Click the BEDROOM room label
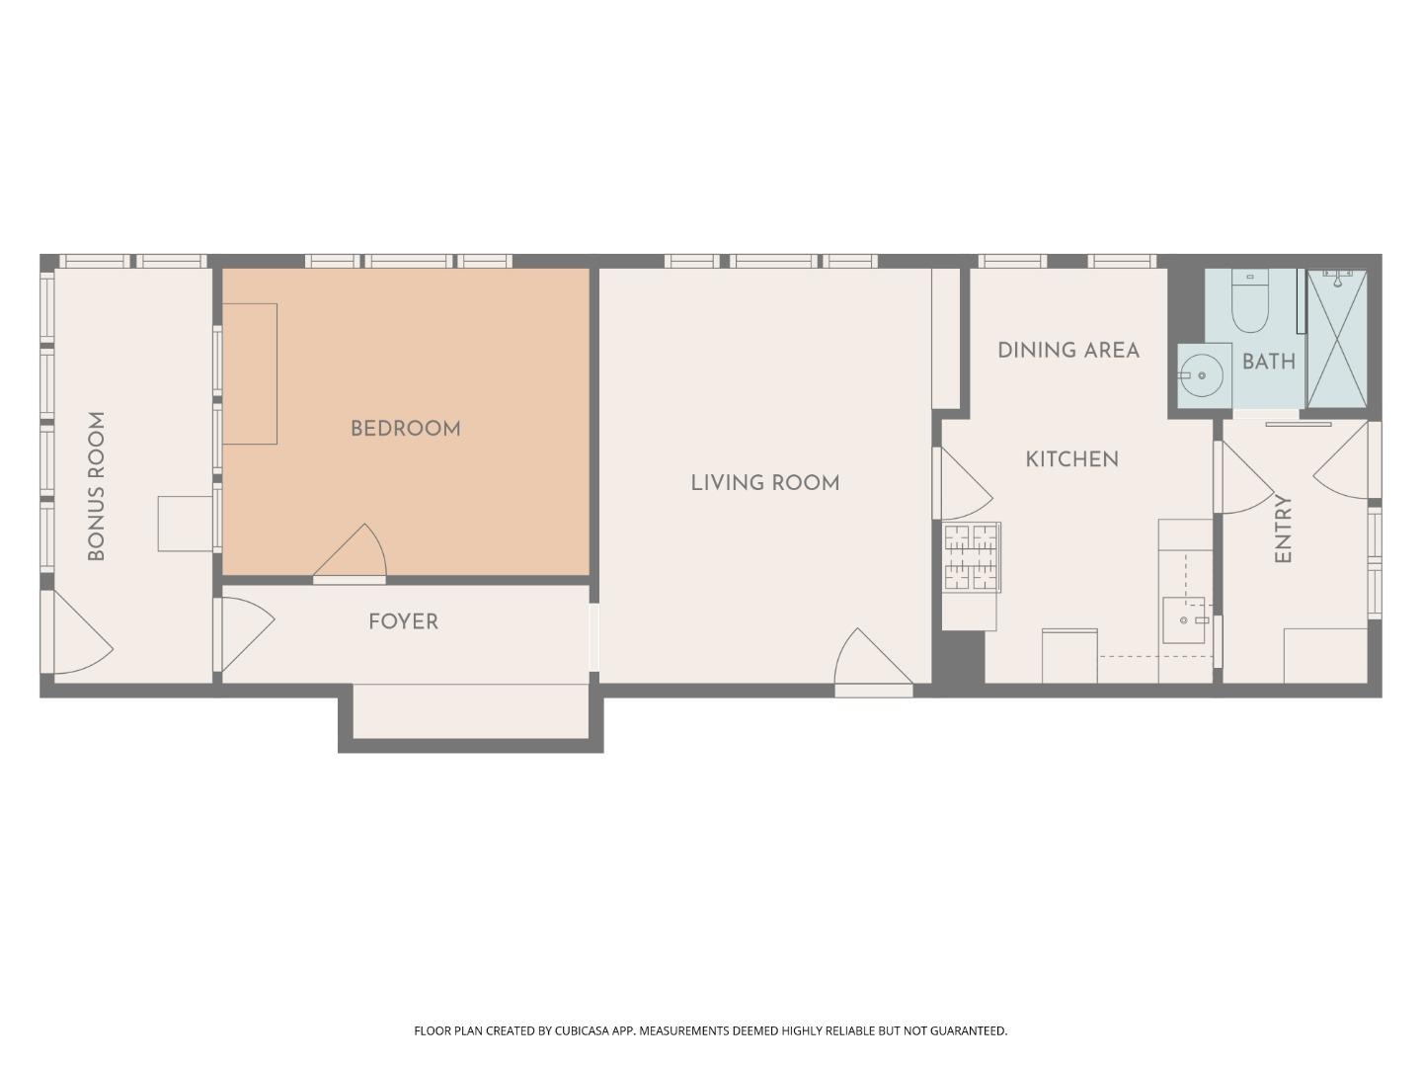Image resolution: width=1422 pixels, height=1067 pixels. tap(405, 429)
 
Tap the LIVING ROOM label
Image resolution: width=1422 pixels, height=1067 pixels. tap(764, 483)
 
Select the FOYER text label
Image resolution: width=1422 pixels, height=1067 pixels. tap(403, 621)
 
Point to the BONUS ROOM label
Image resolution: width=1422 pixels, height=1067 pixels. tap(96, 486)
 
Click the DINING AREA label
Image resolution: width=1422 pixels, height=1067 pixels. tap(1067, 350)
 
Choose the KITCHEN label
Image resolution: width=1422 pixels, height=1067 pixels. tap(1071, 459)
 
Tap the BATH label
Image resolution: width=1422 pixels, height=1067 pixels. tap(1268, 362)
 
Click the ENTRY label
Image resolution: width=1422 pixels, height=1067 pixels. tap(1283, 529)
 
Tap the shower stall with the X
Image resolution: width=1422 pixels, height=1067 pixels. tap(1337, 338)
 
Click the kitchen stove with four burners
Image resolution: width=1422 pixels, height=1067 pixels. tap(972, 558)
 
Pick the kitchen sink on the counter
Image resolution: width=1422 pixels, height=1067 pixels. tap(1183, 620)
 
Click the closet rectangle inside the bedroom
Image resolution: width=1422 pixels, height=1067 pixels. tap(250, 373)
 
